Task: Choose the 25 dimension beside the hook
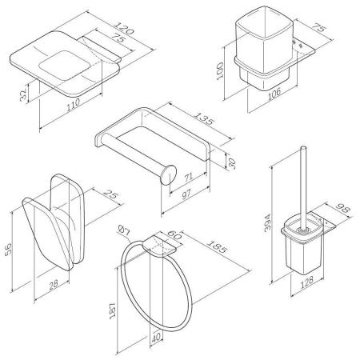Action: click(111, 194)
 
